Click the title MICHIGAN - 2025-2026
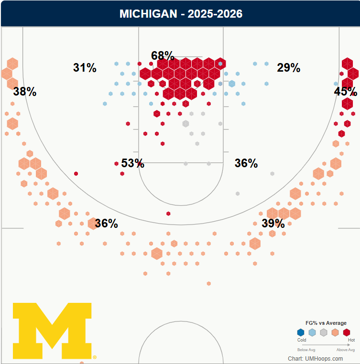[x=181, y=14]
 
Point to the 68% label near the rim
[x=163, y=56]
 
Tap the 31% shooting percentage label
[x=85, y=68]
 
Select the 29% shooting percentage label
[x=289, y=68]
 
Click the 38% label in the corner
[x=25, y=92]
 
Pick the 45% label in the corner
[x=345, y=91]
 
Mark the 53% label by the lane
[x=132, y=163]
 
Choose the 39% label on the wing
[x=273, y=224]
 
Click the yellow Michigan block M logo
[x=52, y=331]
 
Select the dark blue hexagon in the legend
[x=301, y=332]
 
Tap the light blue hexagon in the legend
[x=312, y=332]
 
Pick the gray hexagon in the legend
[x=324, y=332]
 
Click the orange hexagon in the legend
[x=335, y=332]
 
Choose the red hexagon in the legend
[x=347, y=332]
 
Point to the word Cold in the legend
[x=302, y=340]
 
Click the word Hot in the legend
[x=351, y=340]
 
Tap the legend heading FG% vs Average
[x=326, y=323]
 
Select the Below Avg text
[x=306, y=350]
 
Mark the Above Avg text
[x=346, y=350]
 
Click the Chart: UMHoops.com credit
[x=315, y=359]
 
